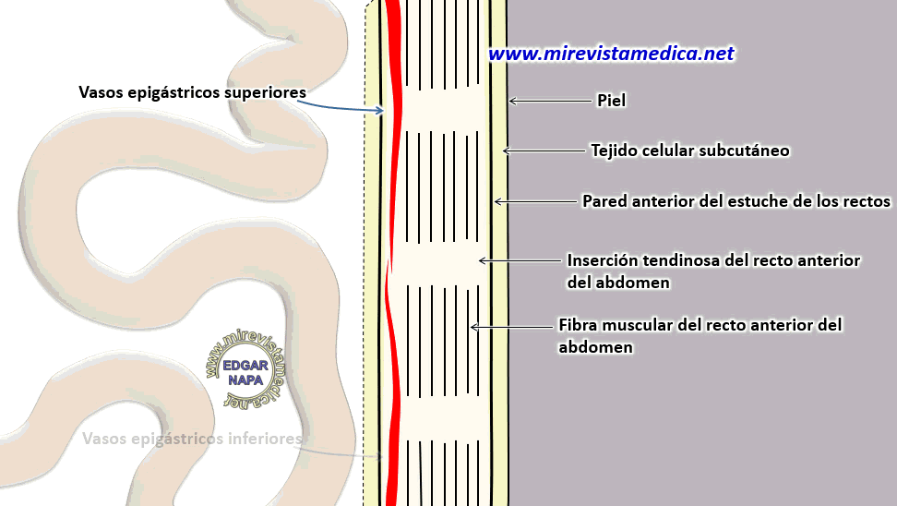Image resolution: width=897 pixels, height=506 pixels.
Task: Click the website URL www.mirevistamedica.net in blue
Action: tap(611, 54)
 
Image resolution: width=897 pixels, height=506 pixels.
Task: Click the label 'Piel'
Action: tap(612, 101)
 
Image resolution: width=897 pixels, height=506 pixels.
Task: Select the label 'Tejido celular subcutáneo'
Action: tap(689, 150)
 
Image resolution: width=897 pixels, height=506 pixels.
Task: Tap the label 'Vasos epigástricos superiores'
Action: tap(192, 92)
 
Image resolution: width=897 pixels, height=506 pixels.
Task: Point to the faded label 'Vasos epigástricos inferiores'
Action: tap(192, 440)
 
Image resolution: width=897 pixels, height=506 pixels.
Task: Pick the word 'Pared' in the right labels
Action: tap(604, 200)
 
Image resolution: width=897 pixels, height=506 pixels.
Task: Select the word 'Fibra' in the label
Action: tap(580, 325)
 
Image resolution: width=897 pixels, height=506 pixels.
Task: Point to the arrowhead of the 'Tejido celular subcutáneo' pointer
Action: tap(504, 150)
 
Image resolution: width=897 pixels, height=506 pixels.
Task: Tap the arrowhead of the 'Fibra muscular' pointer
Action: tap(473, 326)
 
